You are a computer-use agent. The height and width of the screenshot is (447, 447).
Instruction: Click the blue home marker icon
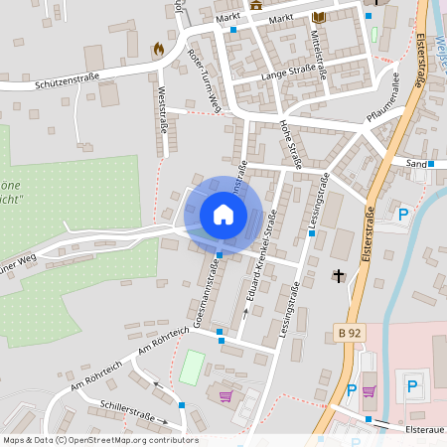pos(223,214)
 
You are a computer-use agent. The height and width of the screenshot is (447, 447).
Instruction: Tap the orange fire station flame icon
pos(158,48)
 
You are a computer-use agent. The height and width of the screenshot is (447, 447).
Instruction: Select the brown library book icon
pos(318,18)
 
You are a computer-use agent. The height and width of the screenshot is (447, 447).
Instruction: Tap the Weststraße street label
pos(162,109)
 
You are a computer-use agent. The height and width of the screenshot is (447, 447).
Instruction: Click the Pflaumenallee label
pos(382,96)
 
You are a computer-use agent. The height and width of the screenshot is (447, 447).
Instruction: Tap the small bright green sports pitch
pos(192,369)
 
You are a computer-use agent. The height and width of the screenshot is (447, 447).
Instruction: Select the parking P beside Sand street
pos(403,214)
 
